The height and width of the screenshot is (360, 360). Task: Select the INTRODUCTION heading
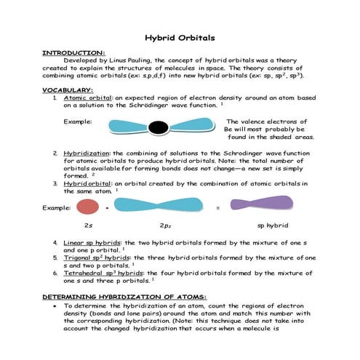pos(73,52)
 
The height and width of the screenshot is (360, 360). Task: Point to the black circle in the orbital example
pos(157,128)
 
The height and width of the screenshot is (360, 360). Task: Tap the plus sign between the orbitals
pos(108,207)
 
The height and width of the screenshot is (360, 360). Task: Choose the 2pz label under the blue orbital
pos(165,226)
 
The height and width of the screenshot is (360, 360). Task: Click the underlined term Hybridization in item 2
pos(87,153)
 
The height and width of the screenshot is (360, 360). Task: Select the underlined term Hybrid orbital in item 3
pos(87,183)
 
